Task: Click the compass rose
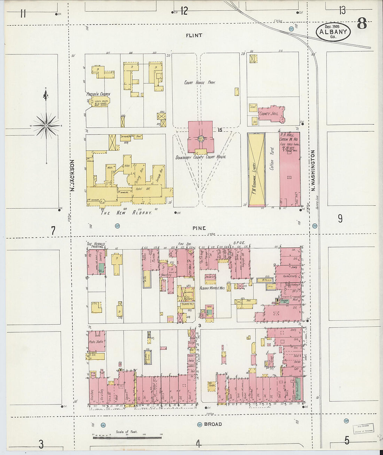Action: point(46,125)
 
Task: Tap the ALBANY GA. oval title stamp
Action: point(333,32)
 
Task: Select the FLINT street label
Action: point(194,35)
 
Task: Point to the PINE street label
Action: point(199,228)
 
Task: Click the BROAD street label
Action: point(213,424)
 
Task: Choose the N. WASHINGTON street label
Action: point(313,170)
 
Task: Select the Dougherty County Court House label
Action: point(201,157)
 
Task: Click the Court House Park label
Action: point(200,83)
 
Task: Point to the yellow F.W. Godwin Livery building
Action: point(257,170)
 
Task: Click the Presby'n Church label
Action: point(98,94)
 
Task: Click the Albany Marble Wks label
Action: point(211,288)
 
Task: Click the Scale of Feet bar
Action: point(127,437)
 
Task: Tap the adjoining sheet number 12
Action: point(184,11)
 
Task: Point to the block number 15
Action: point(219,130)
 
